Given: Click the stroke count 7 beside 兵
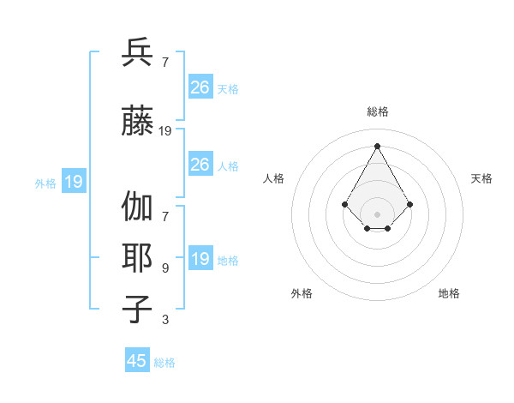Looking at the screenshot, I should tap(164, 63).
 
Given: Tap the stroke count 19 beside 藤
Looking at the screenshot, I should tap(165, 131).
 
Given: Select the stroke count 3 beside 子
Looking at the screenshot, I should tap(164, 320).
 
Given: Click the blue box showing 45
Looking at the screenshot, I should tap(137, 361).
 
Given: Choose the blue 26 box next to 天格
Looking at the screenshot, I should tap(200, 87).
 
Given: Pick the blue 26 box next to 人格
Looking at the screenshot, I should tap(200, 165).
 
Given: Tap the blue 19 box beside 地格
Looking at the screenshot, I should tap(200, 259).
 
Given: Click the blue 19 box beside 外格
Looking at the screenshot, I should tap(74, 182).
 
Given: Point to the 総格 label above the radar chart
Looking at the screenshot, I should tap(377, 111).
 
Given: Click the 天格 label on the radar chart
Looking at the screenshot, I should tap(481, 178).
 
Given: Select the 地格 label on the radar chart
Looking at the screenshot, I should tap(449, 293).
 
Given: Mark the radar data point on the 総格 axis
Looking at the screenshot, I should tap(377, 145).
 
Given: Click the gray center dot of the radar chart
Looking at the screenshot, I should tap(377, 214).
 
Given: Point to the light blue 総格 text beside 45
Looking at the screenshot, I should tap(164, 362).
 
